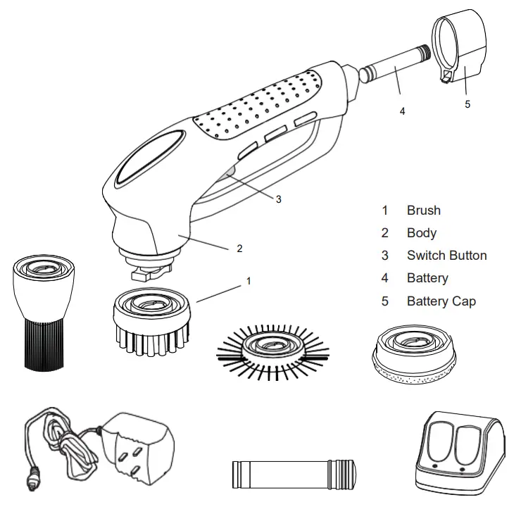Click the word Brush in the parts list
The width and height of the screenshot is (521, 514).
pos(423,210)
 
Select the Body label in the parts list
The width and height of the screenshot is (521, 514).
pos(421,233)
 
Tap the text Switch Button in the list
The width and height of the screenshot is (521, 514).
pos(446,256)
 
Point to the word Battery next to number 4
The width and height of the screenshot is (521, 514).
pos(427,278)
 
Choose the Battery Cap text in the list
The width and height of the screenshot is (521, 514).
pos(441,301)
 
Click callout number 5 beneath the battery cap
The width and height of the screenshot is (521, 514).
pos(467,104)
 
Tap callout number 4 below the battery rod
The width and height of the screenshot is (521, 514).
pos(403,111)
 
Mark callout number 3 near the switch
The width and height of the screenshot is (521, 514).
pos(278,199)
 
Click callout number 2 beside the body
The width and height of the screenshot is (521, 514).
pos(239,248)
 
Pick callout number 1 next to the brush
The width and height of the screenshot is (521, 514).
pos(248,280)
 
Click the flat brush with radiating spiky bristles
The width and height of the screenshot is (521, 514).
pos(272,348)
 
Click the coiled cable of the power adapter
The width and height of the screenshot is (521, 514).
pos(60,440)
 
